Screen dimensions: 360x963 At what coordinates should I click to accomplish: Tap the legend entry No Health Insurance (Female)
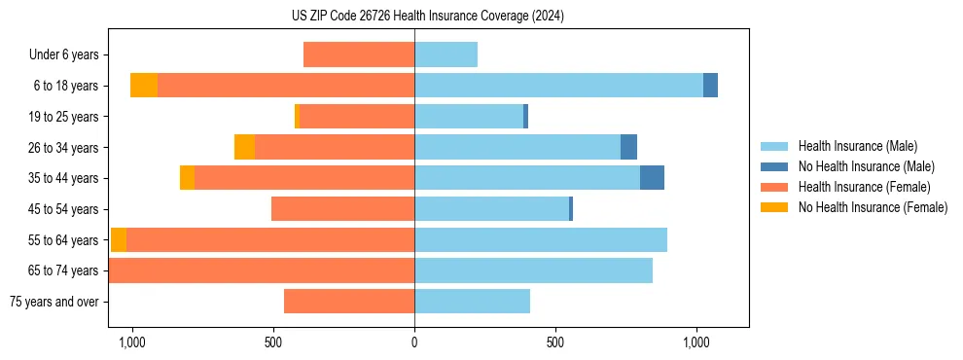tap(873, 207)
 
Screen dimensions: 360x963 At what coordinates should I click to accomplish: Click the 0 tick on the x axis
tap(414, 342)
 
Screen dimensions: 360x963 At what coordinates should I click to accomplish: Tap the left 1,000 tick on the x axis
tap(131, 342)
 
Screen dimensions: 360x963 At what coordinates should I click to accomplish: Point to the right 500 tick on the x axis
tap(555, 342)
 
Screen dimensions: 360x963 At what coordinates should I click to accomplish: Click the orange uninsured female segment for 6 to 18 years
tap(144, 86)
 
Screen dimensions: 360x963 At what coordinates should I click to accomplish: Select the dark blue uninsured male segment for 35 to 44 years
tap(652, 178)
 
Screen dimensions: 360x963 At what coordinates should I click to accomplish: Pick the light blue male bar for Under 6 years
tap(446, 54)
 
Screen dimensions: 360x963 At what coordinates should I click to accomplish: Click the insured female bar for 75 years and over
tap(349, 302)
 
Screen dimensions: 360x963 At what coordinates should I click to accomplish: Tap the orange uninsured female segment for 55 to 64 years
tap(119, 240)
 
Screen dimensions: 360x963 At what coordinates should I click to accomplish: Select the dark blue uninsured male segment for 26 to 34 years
tap(628, 147)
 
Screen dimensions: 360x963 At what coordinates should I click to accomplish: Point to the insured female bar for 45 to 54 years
tap(342, 209)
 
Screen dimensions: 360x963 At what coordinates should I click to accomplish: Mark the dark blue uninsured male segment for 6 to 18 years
tap(710, 86)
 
